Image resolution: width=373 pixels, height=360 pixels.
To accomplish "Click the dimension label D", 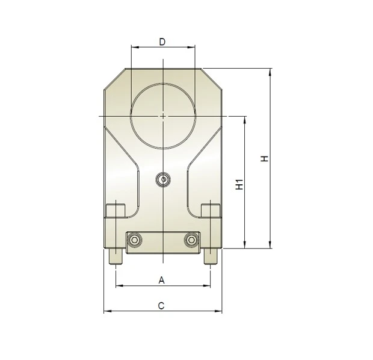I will coord(162,41).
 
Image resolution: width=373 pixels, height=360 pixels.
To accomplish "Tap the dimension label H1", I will coord(239,184).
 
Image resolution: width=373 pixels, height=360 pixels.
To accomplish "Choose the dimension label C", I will coord(161,306).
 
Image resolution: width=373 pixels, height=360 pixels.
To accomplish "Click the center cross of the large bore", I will coord(162,115).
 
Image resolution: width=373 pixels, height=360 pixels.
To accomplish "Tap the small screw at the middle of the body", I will coord(163,179).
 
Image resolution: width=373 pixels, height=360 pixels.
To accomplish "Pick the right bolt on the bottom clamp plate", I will coord(191,240).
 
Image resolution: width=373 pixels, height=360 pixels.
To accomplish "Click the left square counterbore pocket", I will coord(114,211).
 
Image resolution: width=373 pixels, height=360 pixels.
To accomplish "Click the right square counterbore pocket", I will coord(211,211).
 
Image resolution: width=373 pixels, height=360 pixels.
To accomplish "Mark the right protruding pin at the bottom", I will coord(211,257).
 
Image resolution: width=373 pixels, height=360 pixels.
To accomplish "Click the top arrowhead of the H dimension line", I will coord(271,71).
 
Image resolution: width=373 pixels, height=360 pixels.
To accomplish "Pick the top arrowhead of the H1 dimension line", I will coord(245,119).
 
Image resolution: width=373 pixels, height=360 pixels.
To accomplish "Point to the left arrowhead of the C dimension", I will coord(106,312).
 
